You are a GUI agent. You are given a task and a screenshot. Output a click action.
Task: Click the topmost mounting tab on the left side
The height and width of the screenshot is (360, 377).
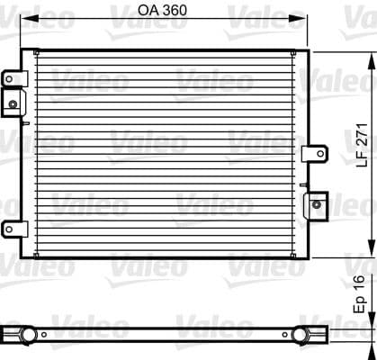pyautogui.click(x=12, y=78)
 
